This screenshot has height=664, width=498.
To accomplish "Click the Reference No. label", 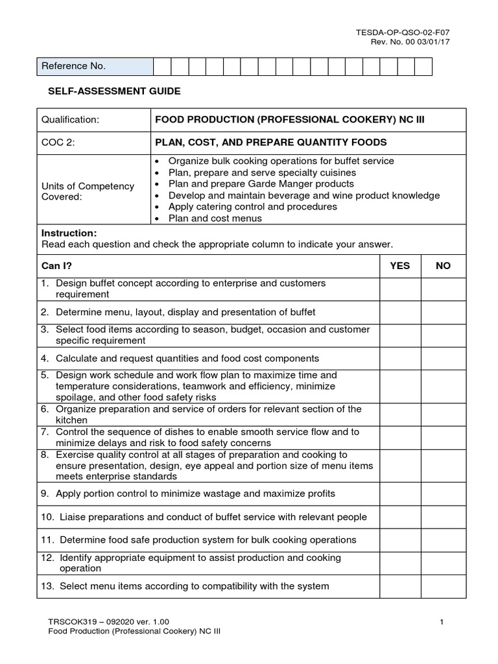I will [73, 66].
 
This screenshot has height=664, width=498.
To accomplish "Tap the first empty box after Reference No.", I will [162, 66].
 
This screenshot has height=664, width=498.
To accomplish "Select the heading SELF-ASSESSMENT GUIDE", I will [114, 91].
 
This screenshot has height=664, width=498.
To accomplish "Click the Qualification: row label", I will [71, 120].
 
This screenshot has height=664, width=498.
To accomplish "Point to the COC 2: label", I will [59, 142].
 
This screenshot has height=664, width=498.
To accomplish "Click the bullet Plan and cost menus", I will [215, 219].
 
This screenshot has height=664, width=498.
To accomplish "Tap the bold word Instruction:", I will [69, 233].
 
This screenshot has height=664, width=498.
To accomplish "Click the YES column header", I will [399, 266].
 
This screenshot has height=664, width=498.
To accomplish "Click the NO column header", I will [443, 266].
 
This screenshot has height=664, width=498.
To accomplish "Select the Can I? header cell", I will [55, 266].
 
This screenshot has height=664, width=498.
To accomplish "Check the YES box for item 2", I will [399, 312].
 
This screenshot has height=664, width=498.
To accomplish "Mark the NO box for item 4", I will [443, 358].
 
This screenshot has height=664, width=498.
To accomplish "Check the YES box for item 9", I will [399, 493].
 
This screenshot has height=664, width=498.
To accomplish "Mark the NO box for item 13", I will [443, 586].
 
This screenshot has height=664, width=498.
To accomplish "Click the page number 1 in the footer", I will [442, 622].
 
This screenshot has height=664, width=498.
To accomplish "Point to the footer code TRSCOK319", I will [70, 622].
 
